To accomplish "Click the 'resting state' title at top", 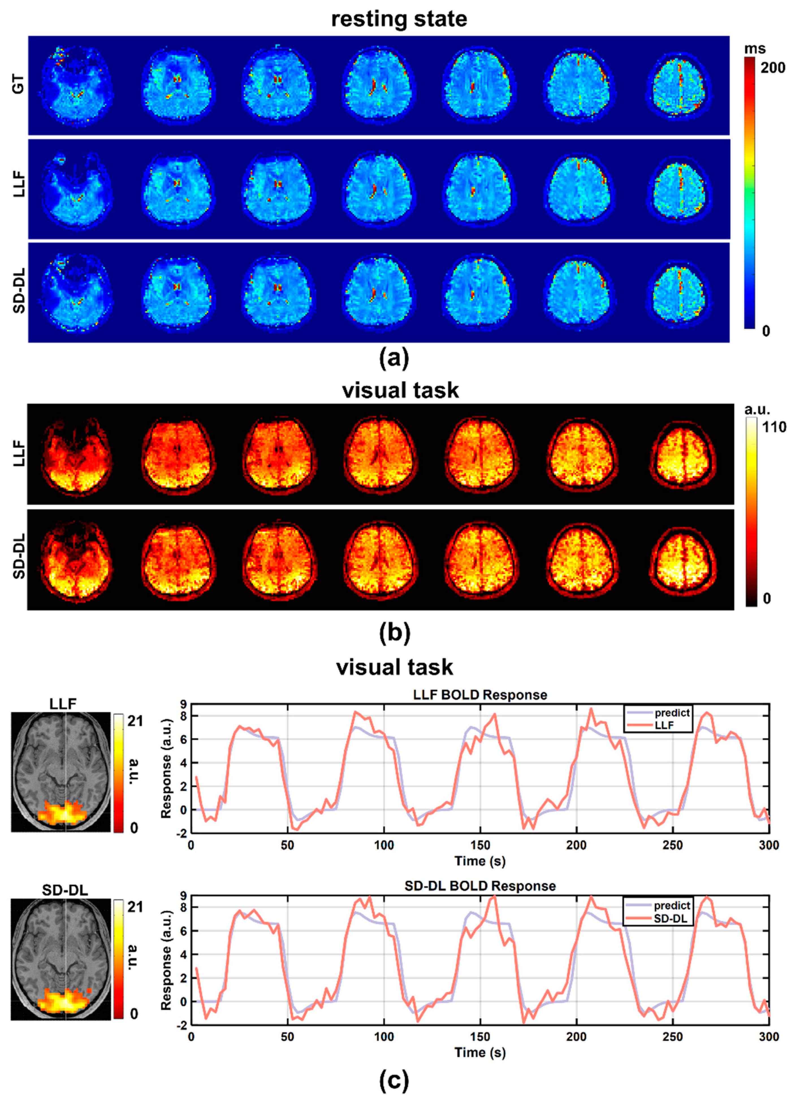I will tap(399, 20).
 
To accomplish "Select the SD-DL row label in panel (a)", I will tap(18, 290).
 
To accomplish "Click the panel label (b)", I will tap(394, 633).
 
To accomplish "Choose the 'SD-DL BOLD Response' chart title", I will tap(479, 886).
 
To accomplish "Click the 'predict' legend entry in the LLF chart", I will tap(672, 713).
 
